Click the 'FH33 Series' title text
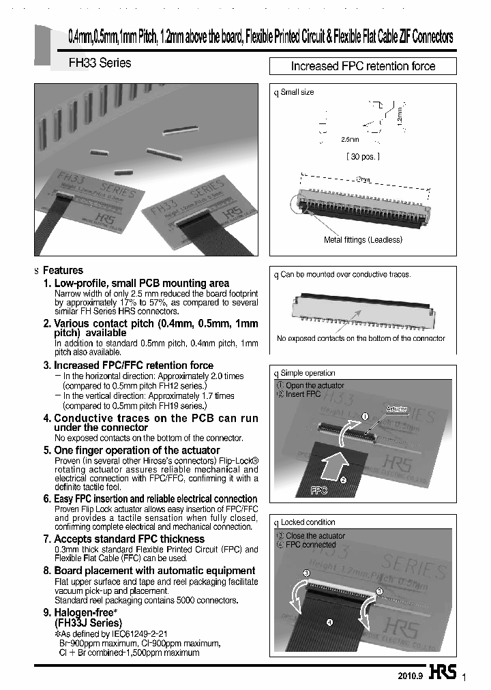click(100, 63)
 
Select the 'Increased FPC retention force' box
click(363, 66)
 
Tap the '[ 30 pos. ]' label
click(363, 156)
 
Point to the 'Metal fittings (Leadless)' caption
click(363, 239)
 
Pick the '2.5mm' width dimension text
click(350, 139)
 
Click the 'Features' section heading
click(63, 271)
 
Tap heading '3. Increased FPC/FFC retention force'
click(128, 365)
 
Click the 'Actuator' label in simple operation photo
click(396, 409)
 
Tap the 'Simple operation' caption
click(308, 373)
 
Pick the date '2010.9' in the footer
click(411, 676)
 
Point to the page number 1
click(464, 677)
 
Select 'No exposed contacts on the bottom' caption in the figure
click(361, 338)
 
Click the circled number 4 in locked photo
click(329, 622)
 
